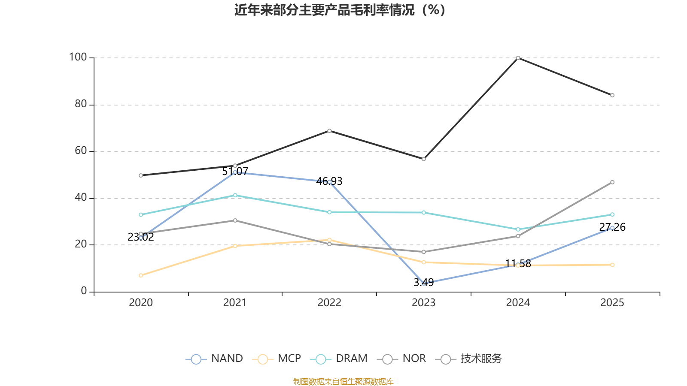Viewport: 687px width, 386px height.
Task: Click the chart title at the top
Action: point(340,10)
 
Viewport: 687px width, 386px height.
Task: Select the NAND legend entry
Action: point(214,359)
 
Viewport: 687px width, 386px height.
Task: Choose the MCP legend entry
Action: point(277,359)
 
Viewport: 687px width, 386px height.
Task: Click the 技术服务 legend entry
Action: point(469,359)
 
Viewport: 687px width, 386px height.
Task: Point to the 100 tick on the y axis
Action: point(78,57)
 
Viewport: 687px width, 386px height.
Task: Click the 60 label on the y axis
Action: point(80,151)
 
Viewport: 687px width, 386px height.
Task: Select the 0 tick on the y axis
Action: point(84,291)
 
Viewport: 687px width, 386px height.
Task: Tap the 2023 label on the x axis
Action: point(423,303)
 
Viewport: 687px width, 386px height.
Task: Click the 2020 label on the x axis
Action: point(141,303)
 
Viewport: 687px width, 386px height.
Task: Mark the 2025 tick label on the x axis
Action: point(612,303)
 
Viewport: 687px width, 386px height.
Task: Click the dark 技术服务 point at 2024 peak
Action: point(518,57)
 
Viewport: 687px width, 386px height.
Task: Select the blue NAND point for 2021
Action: point(235,172)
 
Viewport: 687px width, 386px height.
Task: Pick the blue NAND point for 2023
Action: point(424,283)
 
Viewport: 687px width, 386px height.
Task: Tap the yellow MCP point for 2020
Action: point(141,275)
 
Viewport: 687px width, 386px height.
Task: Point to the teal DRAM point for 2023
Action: point(424,212)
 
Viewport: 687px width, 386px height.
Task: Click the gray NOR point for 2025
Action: point(612,182)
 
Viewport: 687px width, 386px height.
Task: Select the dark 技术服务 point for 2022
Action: point(329,131)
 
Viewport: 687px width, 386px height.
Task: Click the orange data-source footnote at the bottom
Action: point(343,381)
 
